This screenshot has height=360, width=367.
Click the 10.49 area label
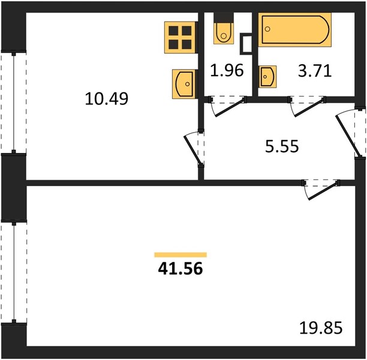tap(107, 98)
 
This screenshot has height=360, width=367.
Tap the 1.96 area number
tap(227, 70)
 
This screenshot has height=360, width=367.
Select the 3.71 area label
tap(315, 71)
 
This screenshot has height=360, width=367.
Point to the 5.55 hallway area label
tap(282, 146)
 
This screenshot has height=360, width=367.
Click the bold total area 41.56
tap(181, 268)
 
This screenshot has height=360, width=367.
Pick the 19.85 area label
tap(321, 328)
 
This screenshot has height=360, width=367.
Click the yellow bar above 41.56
tap(181, 254)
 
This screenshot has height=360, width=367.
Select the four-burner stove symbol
tap(180, 37)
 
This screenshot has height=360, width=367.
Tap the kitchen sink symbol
tap(184, 84)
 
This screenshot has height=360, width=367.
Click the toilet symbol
tap(224, 33)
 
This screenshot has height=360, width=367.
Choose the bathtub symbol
tap(295, 29)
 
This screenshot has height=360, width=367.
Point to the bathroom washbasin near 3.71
tap(267, 77)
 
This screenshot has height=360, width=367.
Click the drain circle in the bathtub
tap(268, 29)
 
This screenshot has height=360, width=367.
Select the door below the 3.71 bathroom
tap(307, 106)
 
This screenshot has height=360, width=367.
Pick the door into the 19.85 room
tap(321, 189)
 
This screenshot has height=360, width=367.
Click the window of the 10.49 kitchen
tap(14, 103)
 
